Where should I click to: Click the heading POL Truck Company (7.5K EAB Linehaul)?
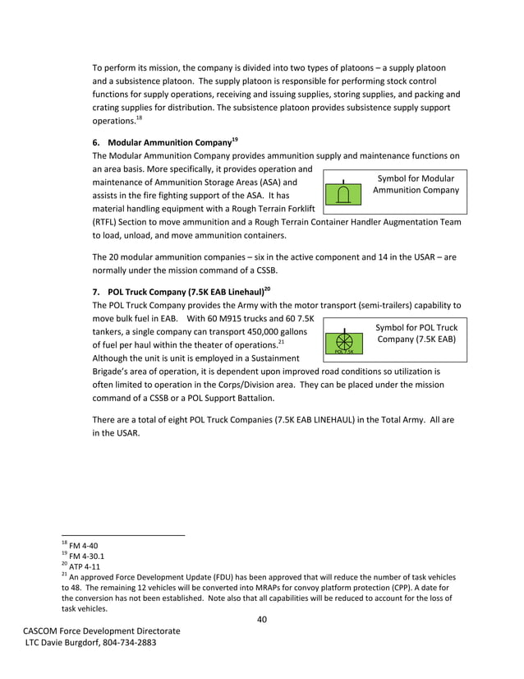[187, 290]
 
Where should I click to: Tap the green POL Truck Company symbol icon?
[344, 343]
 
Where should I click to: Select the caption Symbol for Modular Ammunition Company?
[416, 184]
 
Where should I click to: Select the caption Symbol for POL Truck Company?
[416, 333]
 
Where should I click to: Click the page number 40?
[262, 619]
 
